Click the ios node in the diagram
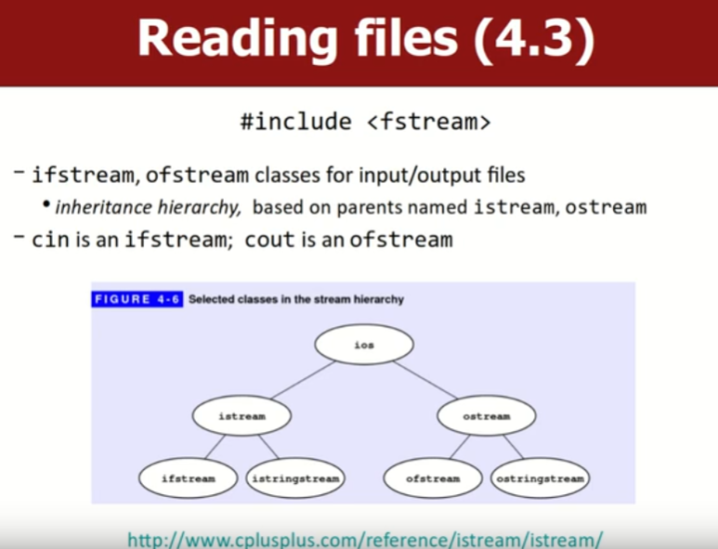(364, 345)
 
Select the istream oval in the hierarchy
(242, 416)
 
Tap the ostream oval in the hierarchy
(487, 416)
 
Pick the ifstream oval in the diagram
(188, 478)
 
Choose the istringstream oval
(295, 478)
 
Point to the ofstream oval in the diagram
(433, 478)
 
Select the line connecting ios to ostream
(427, 381)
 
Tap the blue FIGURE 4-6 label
(137, 299)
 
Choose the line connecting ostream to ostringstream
(513, 447)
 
